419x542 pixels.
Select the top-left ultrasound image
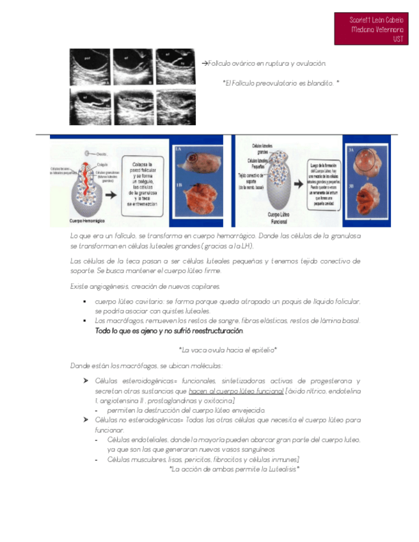(x=89, y=66)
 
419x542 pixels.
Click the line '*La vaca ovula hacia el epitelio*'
(x=228, y=350)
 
